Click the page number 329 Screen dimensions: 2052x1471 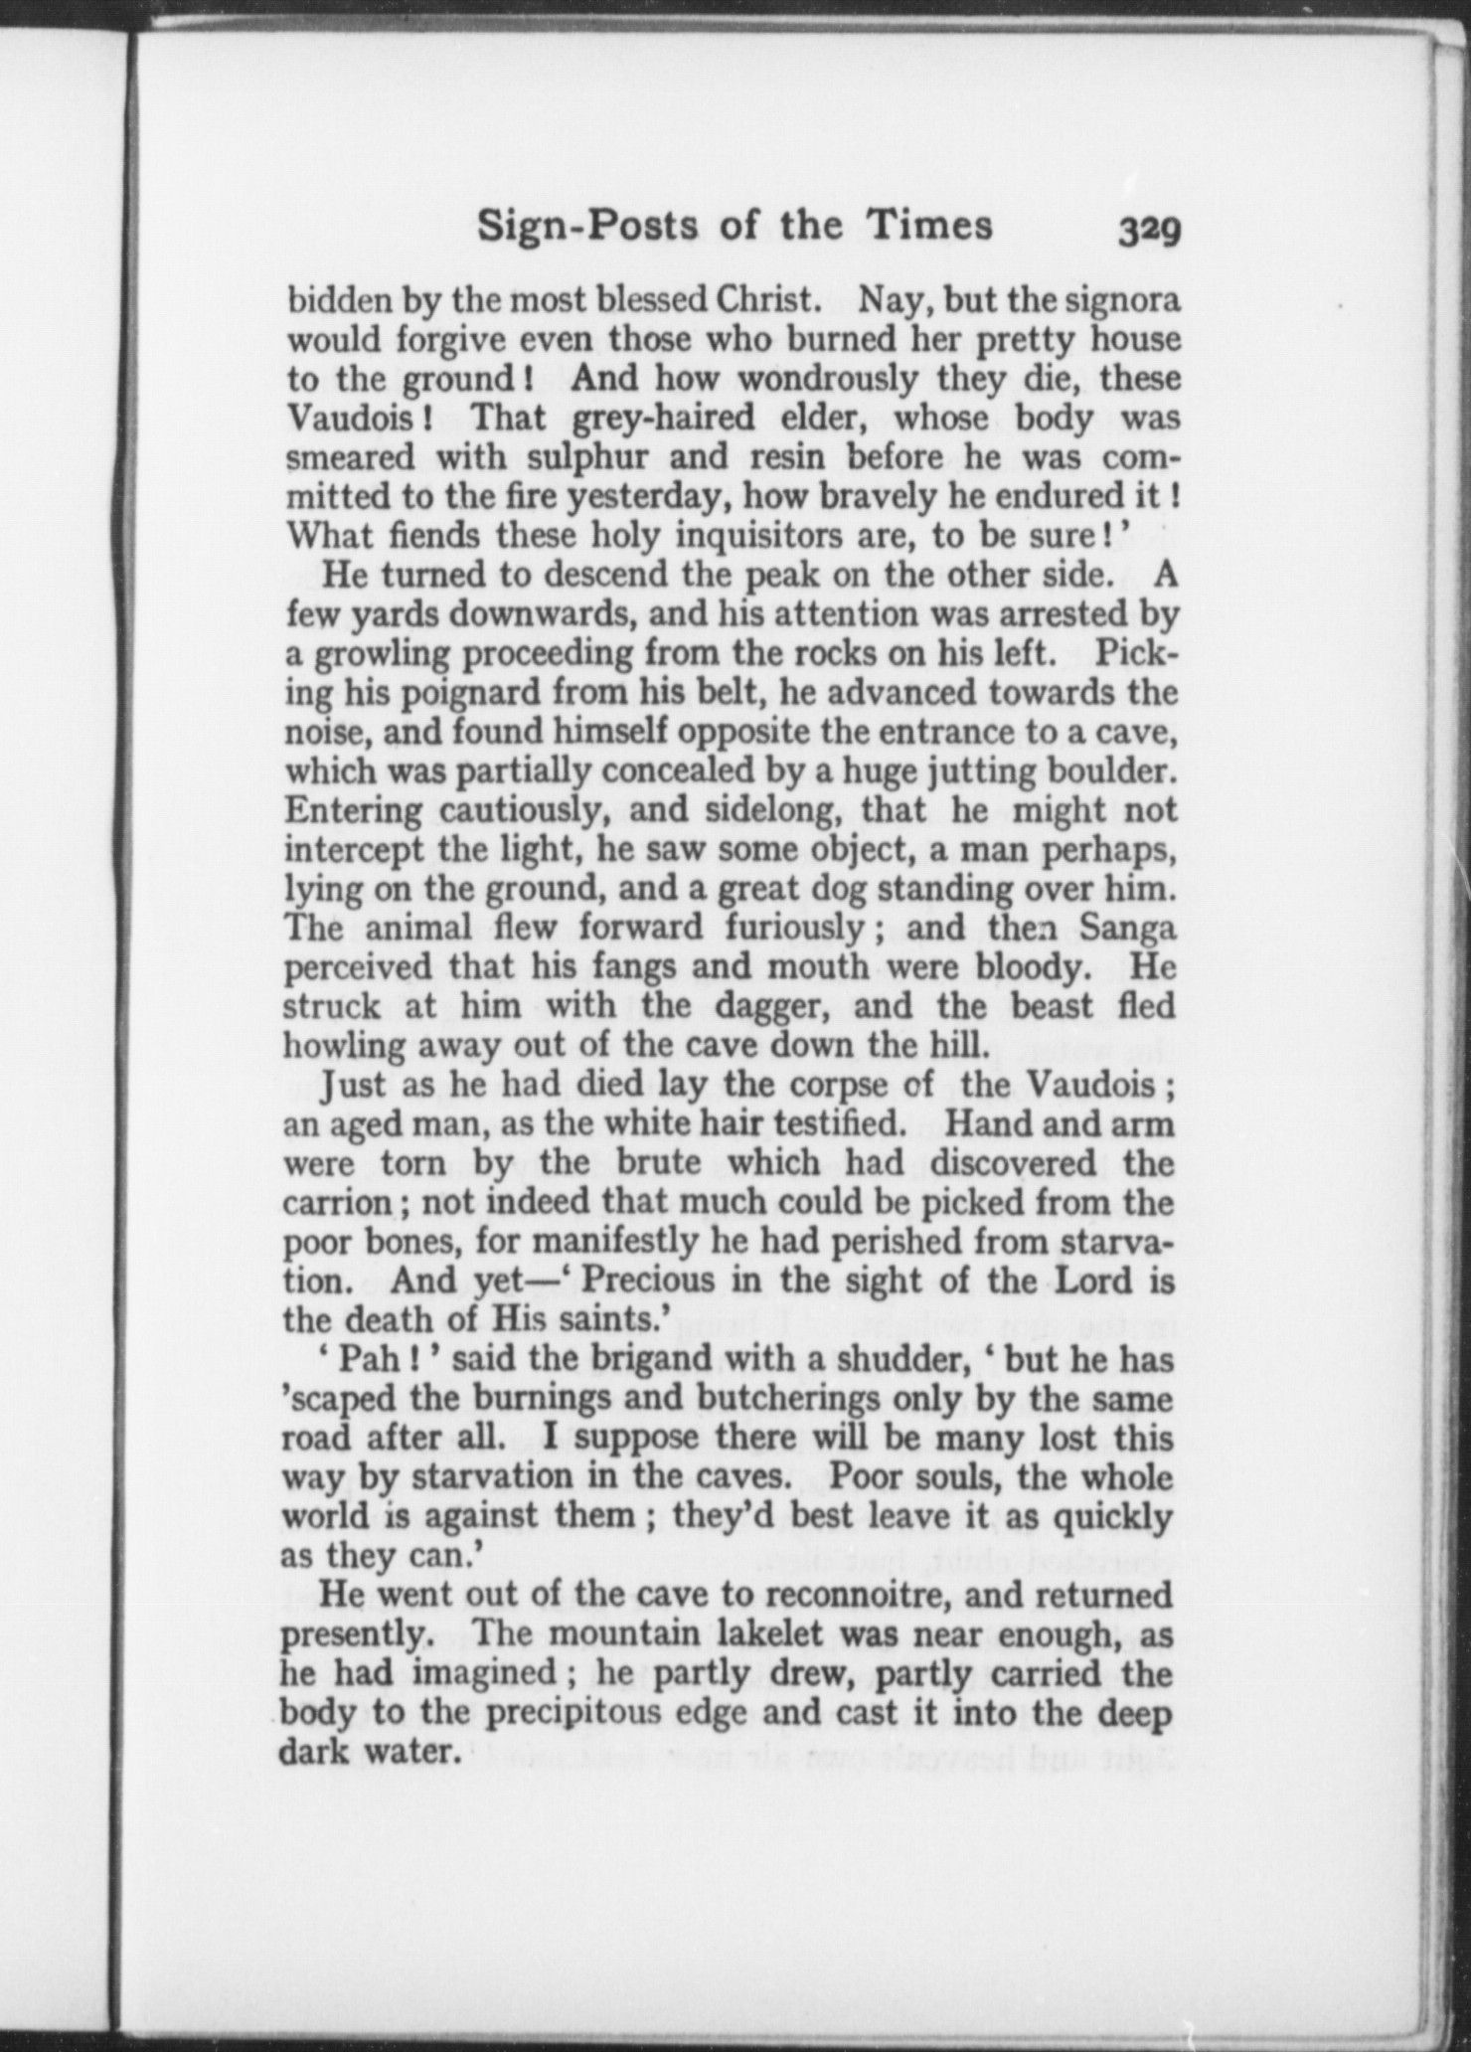click(x=1148, y=231)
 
